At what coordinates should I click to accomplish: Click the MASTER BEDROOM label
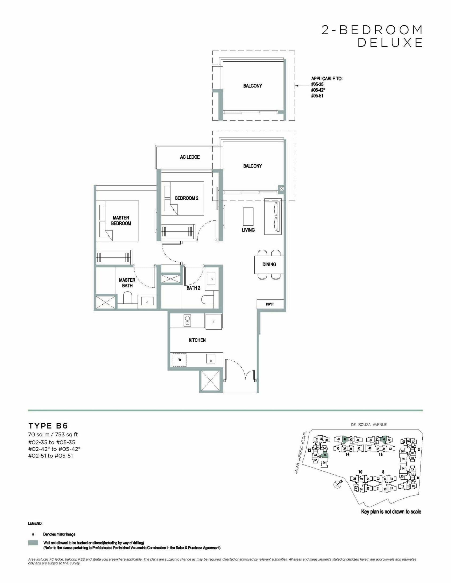tap(121, 221)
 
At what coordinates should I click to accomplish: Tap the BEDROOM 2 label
tap(187, 198)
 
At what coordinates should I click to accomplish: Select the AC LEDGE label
tap(190, 157)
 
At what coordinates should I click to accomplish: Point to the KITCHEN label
tap(197, 340)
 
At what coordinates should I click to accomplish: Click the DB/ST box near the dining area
tap(270, 304)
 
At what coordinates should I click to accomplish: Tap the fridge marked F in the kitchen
tap(213, 322)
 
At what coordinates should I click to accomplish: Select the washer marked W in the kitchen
tap(179, 360)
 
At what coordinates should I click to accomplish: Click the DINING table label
tap(269, 264)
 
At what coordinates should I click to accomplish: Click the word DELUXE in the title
tap(390, 43)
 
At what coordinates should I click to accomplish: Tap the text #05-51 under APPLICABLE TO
tap(317, 96)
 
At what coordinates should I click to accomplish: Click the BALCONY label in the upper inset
tap(252, 86)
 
